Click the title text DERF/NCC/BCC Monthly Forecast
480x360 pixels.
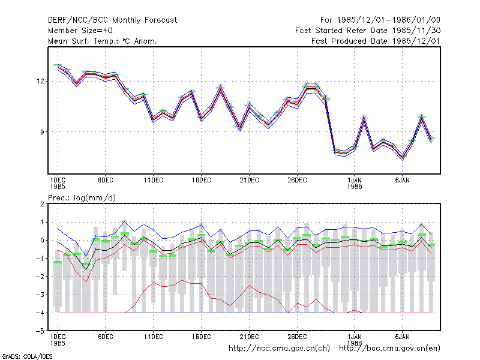pyautogui.click(x=112, y=20)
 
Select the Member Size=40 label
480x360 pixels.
pyautogui.click(x=80, y=31)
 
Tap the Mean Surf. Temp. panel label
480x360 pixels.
pyautogui.click(x=103, y=41)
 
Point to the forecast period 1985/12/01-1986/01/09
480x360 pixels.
pyautogui.click(x=380, y=20)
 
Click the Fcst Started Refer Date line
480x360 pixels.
pyautogui.click(x=368, y=31)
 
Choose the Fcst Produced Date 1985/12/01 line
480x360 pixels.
pyautogui.click(x=376, y=41)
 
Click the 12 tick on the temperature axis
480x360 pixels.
pyautogui.click(x=40, y=82)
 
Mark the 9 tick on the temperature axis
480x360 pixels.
pyautogui.click(x=42, y=132)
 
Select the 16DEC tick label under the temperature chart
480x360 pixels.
pyautogui.click(x=202, y=181)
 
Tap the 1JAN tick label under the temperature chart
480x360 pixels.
pyautogui.click(x=355, y=181)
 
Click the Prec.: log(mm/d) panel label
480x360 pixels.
pyautogui.click(x=82, y=198)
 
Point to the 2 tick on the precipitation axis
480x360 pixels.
pyautogui.click(x=42, y=204)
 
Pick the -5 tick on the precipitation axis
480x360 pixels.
pyautogui.click(x=40, y=331)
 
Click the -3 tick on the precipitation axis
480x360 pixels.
pyautogui.click(x=40, y=295)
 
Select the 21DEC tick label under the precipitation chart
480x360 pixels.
pyautogui.click(x=249, y=337)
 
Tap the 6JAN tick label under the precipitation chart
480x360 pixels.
pyautogui.click(x=402, y=337)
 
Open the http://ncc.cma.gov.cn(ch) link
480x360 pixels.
pyautogui.click(x=279, y=349)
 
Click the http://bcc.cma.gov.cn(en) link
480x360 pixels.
pyautogui.click(x=389, y=349)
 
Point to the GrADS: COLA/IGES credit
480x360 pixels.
pyautogui.click(x=27, y=356)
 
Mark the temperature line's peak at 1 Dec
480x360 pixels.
pyautogui.click(x=58, y=66)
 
